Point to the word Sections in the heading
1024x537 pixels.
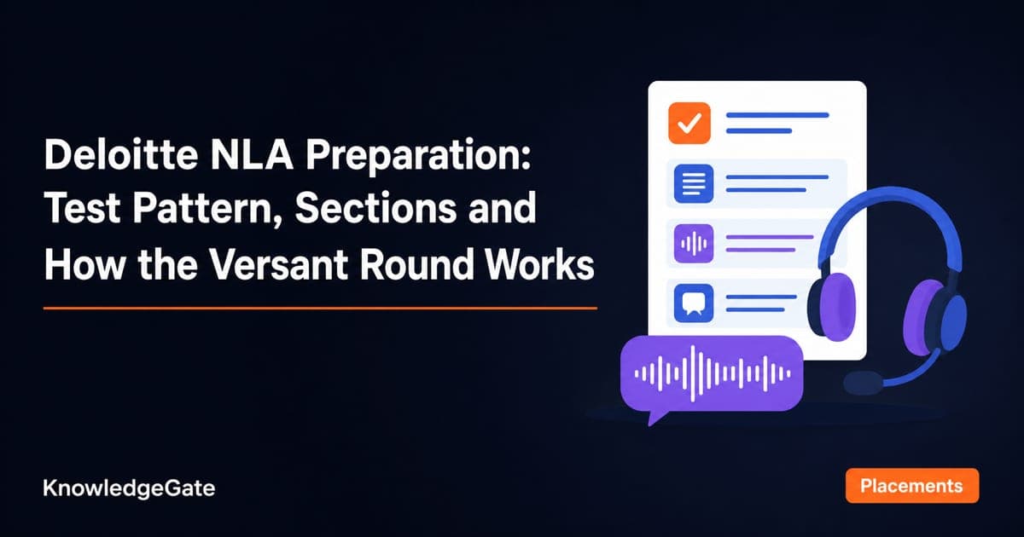coord(375,208)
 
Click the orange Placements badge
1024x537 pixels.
coord(912,486)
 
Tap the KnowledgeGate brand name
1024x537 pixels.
coord(129,488)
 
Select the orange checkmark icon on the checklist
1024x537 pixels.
coord(689,123)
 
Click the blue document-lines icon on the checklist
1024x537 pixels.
coord(694,183)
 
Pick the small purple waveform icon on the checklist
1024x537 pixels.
coord(694,244)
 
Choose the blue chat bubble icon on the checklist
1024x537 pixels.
coord(694,303)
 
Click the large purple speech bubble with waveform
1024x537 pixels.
coord(712,373)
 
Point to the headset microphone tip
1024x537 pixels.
coord(863,383)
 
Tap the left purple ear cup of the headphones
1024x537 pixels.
coord(835,307)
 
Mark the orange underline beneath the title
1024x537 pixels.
coord(320,309)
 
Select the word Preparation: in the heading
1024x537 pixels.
coord(418,156)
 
